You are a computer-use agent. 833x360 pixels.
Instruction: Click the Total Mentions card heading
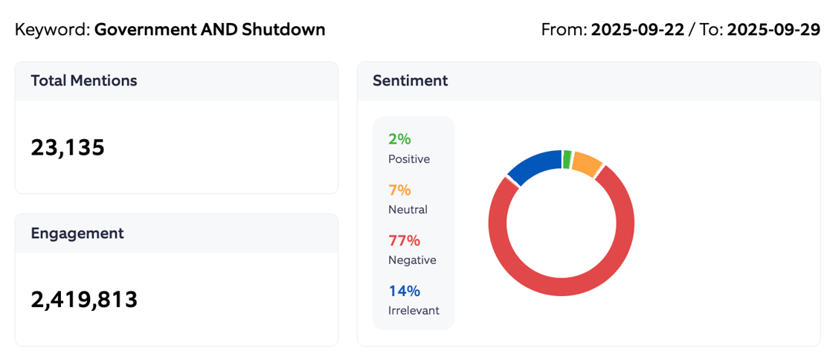(83, 81)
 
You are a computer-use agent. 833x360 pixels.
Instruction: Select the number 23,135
(68, 147)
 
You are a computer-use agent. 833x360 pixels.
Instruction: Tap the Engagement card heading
(77, 234)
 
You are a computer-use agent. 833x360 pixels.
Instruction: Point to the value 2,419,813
(84, 299)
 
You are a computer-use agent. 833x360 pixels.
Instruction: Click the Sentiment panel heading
(410, 81)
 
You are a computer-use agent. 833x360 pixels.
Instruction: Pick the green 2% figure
(399, 139)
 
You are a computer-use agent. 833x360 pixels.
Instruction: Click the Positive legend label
(408, 159)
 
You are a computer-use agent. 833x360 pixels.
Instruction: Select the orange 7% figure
(399, 190)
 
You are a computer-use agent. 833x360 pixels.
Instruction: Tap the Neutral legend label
(408, 210)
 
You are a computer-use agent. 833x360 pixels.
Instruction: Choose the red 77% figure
(404, 240)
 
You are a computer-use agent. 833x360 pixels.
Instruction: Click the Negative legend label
(412, 260)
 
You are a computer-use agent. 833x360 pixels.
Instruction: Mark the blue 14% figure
(404, 291)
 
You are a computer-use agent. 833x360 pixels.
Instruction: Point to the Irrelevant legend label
(414, 311)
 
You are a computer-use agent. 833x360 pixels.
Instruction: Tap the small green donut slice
(567, 159)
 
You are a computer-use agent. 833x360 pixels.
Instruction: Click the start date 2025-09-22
(637, 30)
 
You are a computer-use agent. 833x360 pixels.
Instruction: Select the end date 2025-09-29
(773, 30)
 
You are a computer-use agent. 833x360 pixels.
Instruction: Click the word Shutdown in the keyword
(283, 30)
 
